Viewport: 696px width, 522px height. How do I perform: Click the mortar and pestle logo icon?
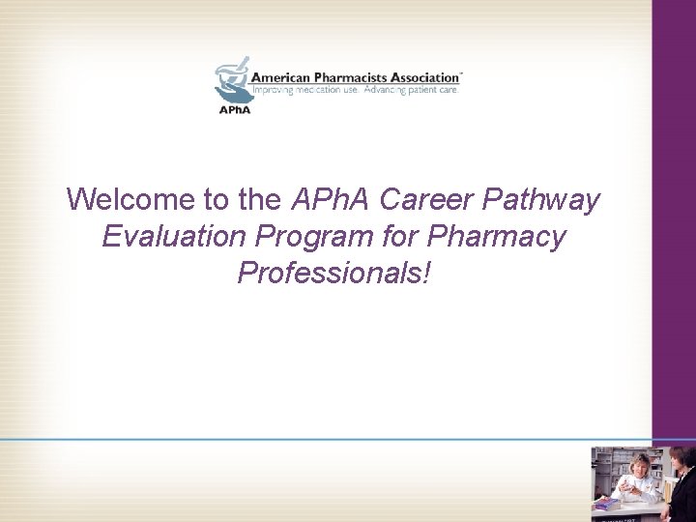[232, 82]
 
